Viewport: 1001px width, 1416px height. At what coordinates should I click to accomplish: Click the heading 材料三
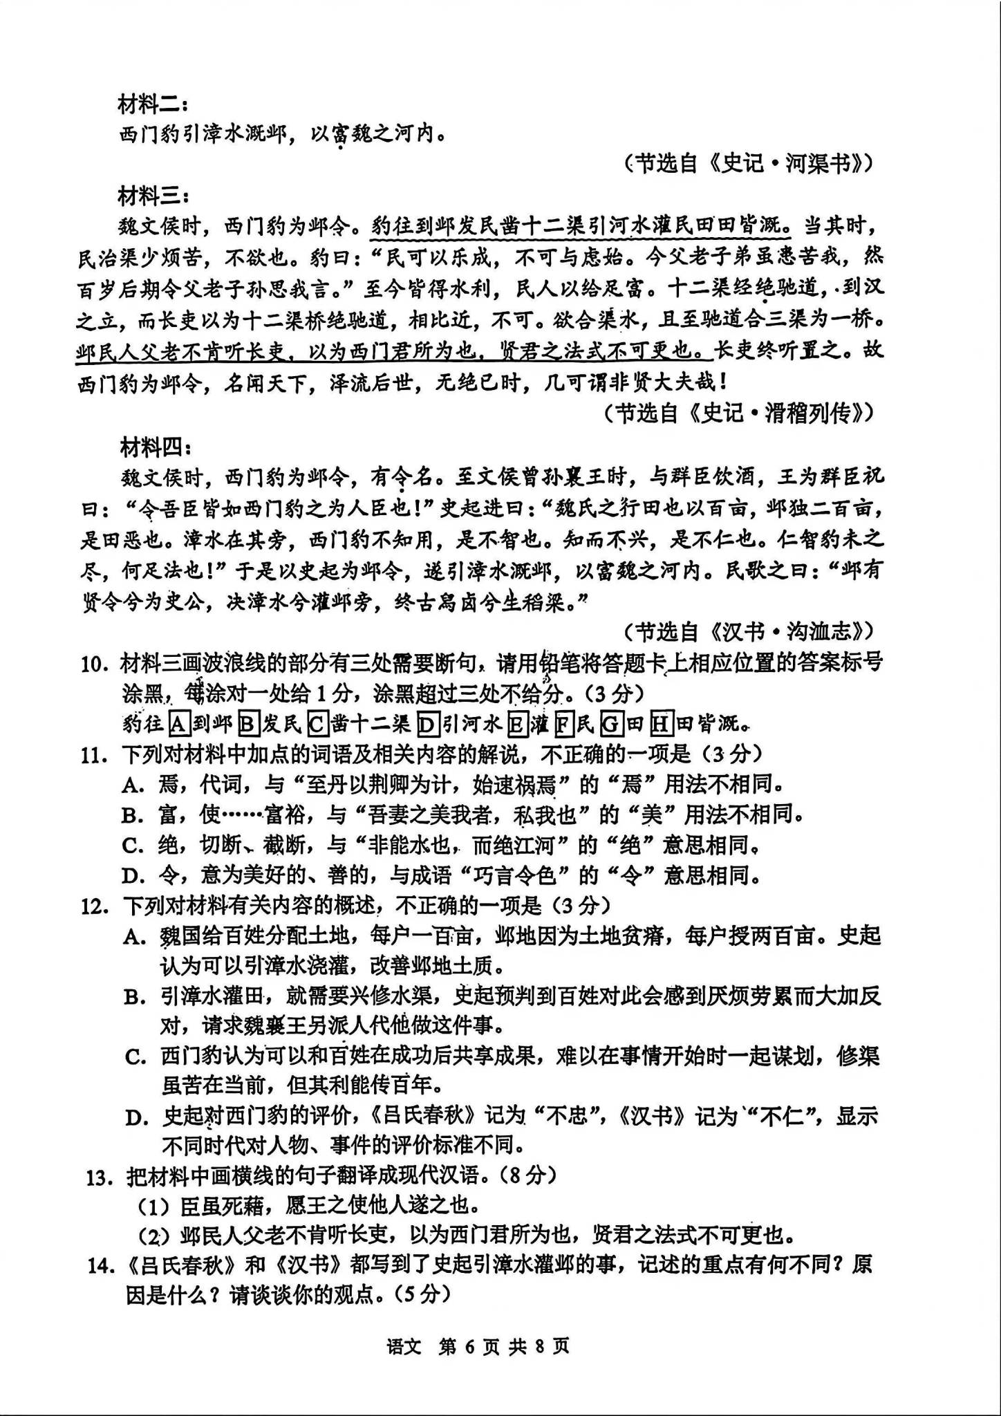tap(152, 197)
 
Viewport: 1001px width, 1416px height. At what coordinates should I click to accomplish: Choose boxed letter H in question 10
tap(662, 724)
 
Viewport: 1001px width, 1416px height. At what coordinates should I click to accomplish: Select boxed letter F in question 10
tap(564, 724)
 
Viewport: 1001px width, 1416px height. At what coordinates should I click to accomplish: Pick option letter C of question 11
tap(131, 846)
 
